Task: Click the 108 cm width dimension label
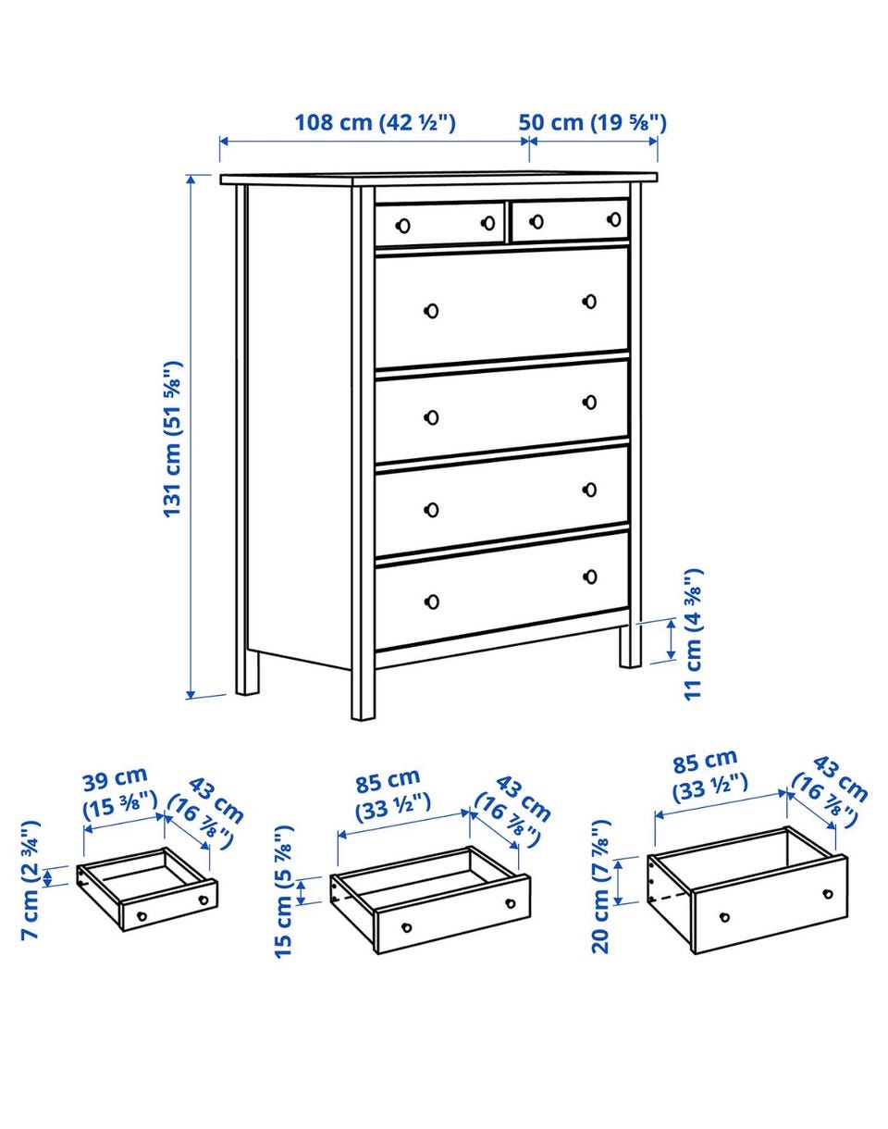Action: [375, 123]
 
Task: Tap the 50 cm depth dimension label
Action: [593, 123]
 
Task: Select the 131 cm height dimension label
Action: [173, 440]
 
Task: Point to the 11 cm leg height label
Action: [693, 634]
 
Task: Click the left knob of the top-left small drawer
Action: [403, 226]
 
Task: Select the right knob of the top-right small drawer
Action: [613, 218]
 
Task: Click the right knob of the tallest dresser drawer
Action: [589, 302]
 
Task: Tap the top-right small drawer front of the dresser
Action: [570, 220]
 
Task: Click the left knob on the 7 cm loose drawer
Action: [142, 916]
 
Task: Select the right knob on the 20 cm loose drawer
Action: [828, 894]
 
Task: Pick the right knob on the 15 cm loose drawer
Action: [510, 903]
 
